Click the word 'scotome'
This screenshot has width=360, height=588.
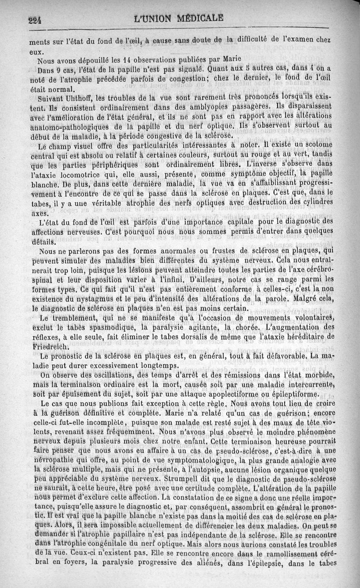tap(314, 144)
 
